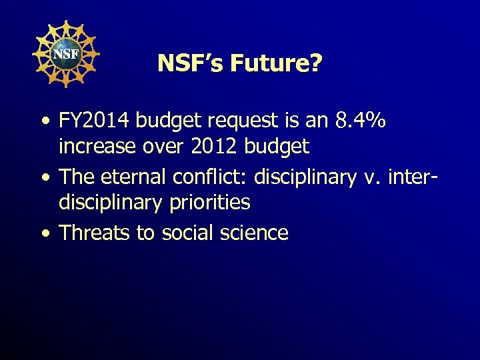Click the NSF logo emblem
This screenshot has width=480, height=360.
tap(65, 53)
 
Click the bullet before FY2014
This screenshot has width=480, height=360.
tap(44, 122)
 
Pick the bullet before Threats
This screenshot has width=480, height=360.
tap(44, 234)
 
